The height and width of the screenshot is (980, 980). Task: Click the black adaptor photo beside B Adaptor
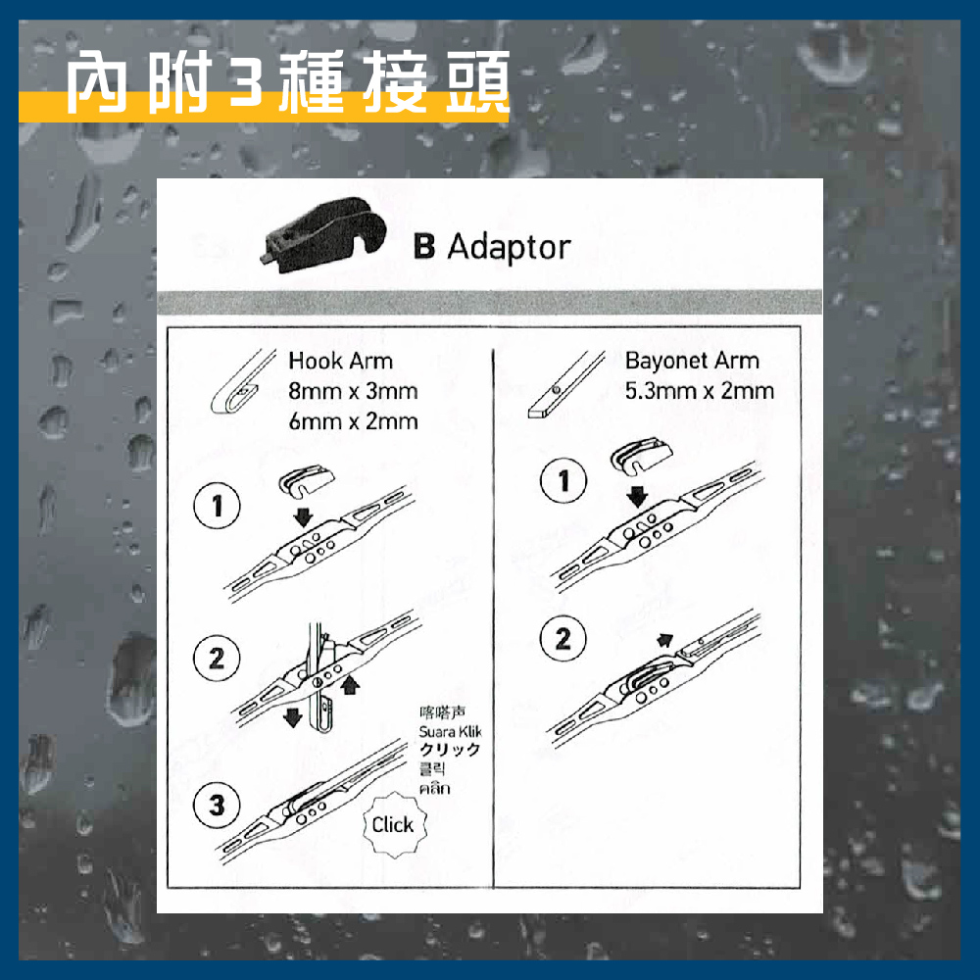(322, 235)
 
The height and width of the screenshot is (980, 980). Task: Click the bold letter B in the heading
(424, 246)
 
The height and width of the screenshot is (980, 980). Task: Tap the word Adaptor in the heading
(509, 248)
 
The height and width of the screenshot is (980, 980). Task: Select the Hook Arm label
(341, 361)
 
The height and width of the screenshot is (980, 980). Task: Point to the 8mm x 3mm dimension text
(353, 391)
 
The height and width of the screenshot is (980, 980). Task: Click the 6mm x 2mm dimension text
(353, 421)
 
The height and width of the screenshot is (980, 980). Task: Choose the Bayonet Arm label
(692, 361)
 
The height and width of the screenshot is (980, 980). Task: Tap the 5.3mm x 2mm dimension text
(700, 391)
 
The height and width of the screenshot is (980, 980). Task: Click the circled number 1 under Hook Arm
(217, 506)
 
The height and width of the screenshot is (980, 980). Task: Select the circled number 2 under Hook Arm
(217, 659)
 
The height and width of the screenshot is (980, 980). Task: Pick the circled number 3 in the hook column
(217, 805)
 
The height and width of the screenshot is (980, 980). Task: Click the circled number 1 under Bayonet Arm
(563, 480)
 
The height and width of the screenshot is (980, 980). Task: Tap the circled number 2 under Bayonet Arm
(563, 639)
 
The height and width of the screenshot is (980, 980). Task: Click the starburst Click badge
(394, 825)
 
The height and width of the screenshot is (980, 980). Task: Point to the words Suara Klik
(450, 731)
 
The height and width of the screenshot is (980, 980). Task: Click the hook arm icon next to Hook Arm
(242, 381)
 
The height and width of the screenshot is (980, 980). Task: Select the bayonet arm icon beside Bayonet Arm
(566, 384)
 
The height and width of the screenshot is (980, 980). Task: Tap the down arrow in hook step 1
(303, 517)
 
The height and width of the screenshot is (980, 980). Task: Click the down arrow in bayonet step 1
(637, 498)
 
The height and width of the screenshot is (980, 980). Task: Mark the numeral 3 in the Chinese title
(246, 82)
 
